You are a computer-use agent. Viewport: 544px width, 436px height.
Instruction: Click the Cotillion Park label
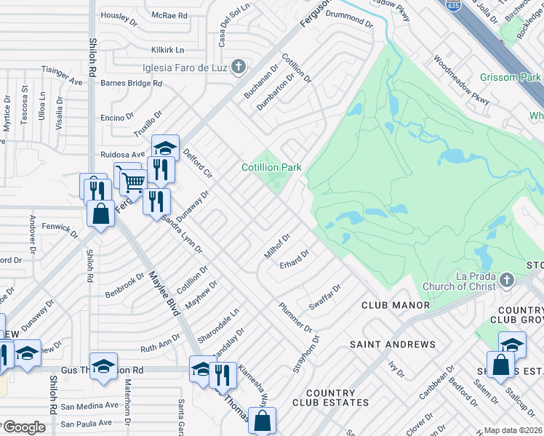click(271, 168)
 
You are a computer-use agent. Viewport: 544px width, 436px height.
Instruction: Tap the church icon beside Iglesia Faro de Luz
click(237, 68)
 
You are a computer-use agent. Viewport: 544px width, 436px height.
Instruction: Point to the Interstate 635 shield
click(454, 5)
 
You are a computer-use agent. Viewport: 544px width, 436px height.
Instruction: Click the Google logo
click(23, 427)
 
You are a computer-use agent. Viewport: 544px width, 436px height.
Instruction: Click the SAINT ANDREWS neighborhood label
click(393, 344)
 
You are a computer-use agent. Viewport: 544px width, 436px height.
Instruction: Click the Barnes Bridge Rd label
click(132, 84)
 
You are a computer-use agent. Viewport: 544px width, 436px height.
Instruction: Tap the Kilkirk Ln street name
click(168, 50)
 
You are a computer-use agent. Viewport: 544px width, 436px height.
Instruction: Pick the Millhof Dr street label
click(277, 246)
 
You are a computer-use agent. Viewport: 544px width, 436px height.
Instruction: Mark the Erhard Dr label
click(295, 259)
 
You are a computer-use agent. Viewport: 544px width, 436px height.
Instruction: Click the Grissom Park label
click(510, 77)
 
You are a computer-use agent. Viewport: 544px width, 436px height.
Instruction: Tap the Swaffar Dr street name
click(324, 295)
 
